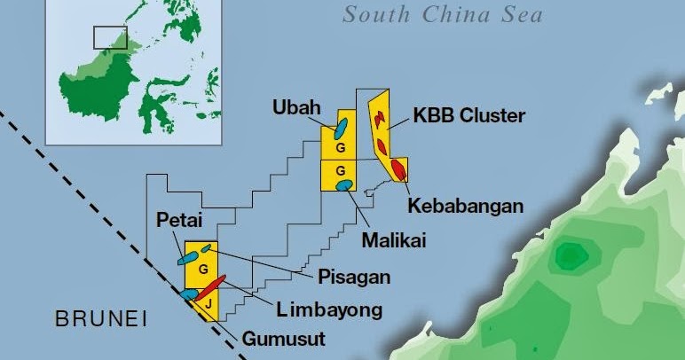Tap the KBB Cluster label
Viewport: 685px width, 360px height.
[x=469, y=116]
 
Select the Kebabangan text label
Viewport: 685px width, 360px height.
[x=465, y=206]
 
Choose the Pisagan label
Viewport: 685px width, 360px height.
[x=354, y=277]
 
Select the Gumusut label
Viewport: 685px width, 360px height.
[x=285, y=339]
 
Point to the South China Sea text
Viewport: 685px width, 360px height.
[x=443, y=15]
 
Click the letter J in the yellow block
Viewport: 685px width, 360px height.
[x=207, y=304]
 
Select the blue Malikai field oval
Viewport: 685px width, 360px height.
[x=344, y=184]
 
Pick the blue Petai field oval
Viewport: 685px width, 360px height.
[x=187, y=259]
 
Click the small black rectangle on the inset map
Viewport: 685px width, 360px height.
[x=111, y=37]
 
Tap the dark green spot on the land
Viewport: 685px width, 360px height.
[x=567, y=258]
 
